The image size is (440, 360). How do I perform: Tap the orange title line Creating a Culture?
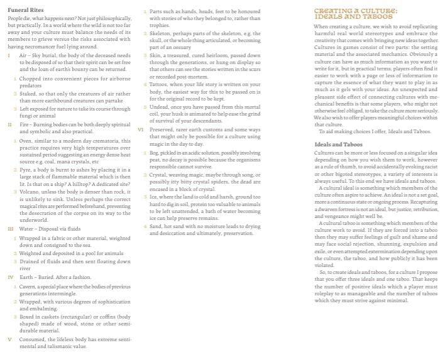coord(356,11)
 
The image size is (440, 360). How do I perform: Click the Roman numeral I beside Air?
coord(8,56)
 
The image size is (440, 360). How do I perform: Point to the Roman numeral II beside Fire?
coord(9,125)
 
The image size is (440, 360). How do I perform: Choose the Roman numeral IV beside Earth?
coord(9,277)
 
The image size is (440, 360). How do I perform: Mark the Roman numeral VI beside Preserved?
coord(141,129)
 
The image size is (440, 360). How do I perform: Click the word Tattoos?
coord(161,85)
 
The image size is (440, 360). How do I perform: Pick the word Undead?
coord(161,107)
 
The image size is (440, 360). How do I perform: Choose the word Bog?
coord(154,152)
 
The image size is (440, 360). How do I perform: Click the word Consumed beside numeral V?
coord(33,339)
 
